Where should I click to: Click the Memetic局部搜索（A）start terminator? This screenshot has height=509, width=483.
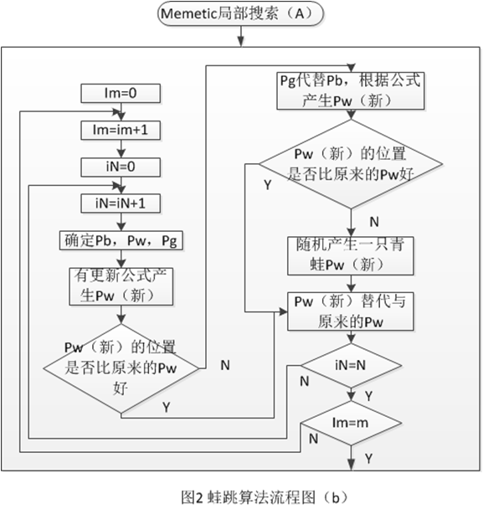[240, 13]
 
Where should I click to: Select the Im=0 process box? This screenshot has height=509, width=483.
[121, 94]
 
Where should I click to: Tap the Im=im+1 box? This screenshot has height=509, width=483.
[121, 130]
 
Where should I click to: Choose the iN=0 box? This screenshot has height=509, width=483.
[121, 167]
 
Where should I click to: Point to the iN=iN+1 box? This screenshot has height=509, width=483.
[121, 203]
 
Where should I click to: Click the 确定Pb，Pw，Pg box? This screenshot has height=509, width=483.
[121, 240]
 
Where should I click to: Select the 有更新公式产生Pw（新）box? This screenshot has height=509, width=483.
[121, 286]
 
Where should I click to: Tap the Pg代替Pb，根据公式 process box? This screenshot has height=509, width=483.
[351, 91]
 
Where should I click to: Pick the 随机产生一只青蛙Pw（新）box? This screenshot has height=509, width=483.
[351, 256]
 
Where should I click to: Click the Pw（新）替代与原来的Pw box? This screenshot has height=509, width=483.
[351, 311]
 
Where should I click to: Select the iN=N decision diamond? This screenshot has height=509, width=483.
[352, 366]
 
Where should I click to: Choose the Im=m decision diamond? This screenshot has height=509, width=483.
[352, 423]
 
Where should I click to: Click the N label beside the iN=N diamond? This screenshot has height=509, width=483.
[304, 382]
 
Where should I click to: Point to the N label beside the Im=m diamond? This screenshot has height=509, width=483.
[313, 439]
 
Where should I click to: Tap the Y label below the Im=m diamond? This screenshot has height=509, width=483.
[368, 459]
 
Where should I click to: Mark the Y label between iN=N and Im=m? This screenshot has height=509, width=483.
[368, 396]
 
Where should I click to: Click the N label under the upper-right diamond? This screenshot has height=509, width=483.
[374, 222]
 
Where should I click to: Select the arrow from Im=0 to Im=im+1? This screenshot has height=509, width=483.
[121, 112]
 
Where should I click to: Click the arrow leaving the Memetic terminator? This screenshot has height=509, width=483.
[240, 36]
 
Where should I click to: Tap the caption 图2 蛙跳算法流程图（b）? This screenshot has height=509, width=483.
[264, 497]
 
